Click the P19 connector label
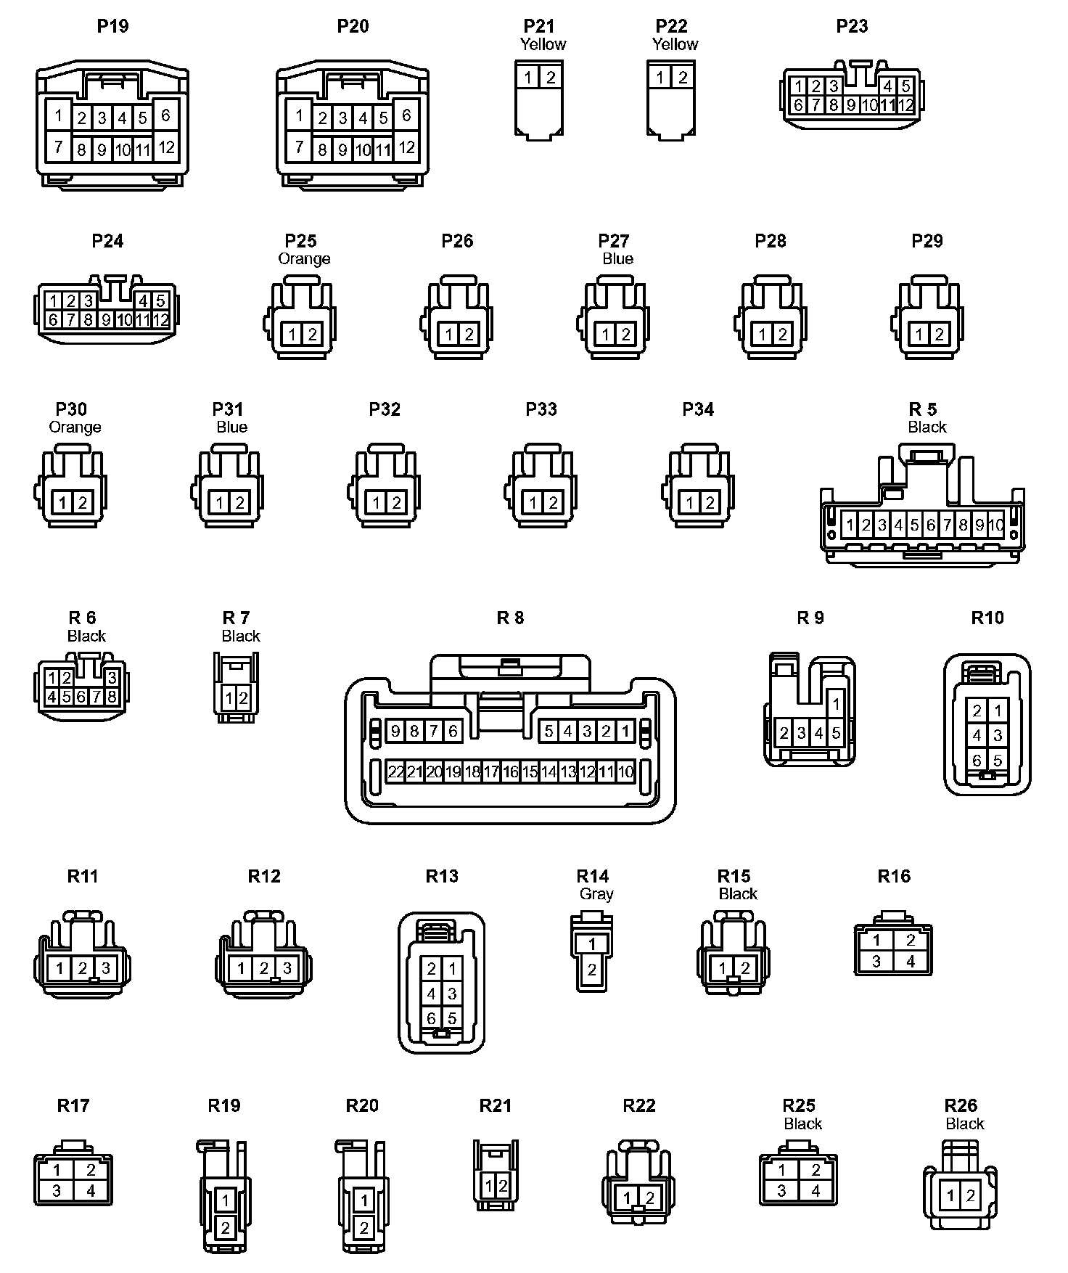point(112,26)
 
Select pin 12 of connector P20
point(407,147)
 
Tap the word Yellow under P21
point(543,44)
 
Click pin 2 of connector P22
point(683,77)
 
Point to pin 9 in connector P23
point(852,105)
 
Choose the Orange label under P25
point(304,259)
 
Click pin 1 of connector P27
point(606,335)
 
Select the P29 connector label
point(927,241)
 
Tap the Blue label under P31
point(231,427)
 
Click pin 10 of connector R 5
point(996,525)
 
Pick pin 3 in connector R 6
point(112,678)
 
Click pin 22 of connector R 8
point(395,771)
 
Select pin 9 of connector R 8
point(395,731)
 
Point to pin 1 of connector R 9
point(836,703)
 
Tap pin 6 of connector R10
point(977,760)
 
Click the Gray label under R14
point(596,894)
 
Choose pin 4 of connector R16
point(911,961)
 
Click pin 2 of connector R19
point(226,1228)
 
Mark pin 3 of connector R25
point(781,1190)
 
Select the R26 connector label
point(961,1105)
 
